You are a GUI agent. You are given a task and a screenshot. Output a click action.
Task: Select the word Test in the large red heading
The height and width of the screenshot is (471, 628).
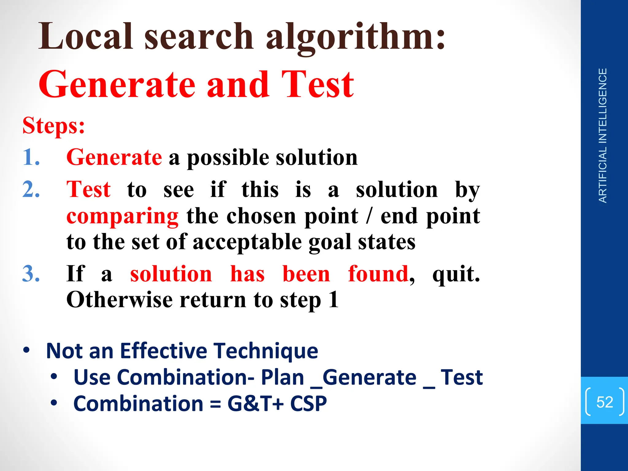point(318,84)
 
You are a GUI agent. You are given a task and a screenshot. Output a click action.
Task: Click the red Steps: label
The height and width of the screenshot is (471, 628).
point(54,126)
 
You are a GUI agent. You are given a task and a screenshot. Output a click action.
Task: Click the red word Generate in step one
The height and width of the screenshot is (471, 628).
point(114,157)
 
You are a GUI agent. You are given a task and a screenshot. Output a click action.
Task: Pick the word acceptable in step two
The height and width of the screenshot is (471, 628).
point(247,242)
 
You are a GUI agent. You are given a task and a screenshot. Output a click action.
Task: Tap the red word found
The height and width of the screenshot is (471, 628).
point(378,274)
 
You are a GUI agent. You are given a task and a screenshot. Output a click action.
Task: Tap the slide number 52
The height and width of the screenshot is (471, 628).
point(604,402)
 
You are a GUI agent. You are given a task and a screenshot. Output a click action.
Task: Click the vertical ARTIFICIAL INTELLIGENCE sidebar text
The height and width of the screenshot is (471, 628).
point(603,136)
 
